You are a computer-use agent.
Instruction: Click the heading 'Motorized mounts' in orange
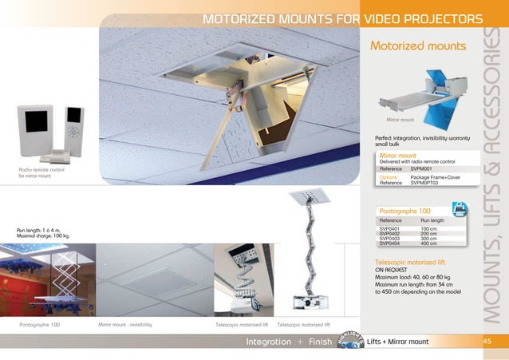coord(417,46)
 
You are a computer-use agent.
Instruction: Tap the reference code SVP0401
coord(389,229)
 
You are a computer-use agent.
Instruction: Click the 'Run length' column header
coord(432,220)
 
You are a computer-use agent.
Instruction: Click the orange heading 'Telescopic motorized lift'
coord(415,262)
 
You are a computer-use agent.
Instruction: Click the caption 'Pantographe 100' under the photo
coord(40,326)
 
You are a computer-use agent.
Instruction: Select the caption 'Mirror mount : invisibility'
coord(125,326)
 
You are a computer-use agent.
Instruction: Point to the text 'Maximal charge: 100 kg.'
coord(44,237)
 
